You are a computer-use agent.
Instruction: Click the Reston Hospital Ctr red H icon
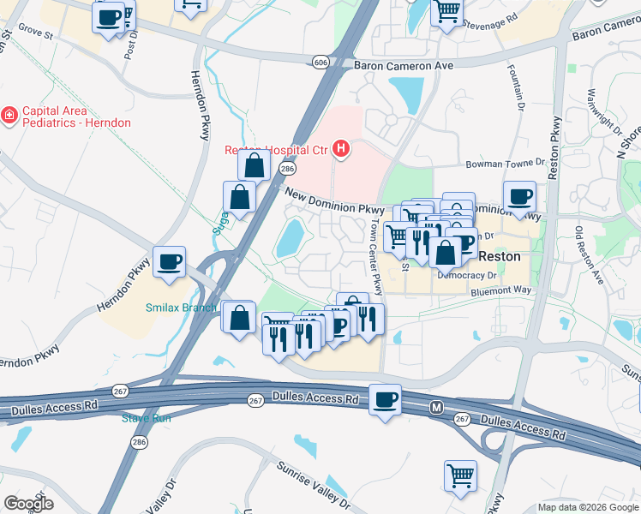pos(342,150)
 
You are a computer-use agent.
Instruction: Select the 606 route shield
pos(320,63)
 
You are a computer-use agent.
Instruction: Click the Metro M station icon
pos(436,407)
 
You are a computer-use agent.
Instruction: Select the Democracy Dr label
pos(467,276)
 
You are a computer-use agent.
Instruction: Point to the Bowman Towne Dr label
pos(505,163)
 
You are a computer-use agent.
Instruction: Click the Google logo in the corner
pos(27,503)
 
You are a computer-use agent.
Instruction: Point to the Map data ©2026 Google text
pos(588,507)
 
